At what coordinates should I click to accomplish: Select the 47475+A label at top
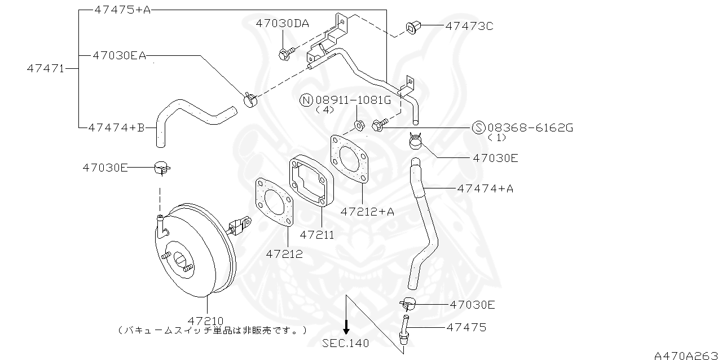122,10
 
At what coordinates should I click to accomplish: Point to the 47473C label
469,26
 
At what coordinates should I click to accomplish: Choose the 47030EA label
119,55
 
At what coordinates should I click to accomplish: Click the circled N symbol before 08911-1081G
306,100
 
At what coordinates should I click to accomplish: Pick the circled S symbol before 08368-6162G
478,128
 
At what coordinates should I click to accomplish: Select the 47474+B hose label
116,128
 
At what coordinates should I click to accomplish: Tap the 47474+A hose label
485,188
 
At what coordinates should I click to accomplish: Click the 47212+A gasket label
367,211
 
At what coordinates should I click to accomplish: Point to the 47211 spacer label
317,234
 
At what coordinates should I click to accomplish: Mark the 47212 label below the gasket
284,254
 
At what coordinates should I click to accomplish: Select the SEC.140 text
347,343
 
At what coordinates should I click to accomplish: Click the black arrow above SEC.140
347,326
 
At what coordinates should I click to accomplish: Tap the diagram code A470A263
687,355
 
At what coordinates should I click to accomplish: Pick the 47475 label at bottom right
466,327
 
